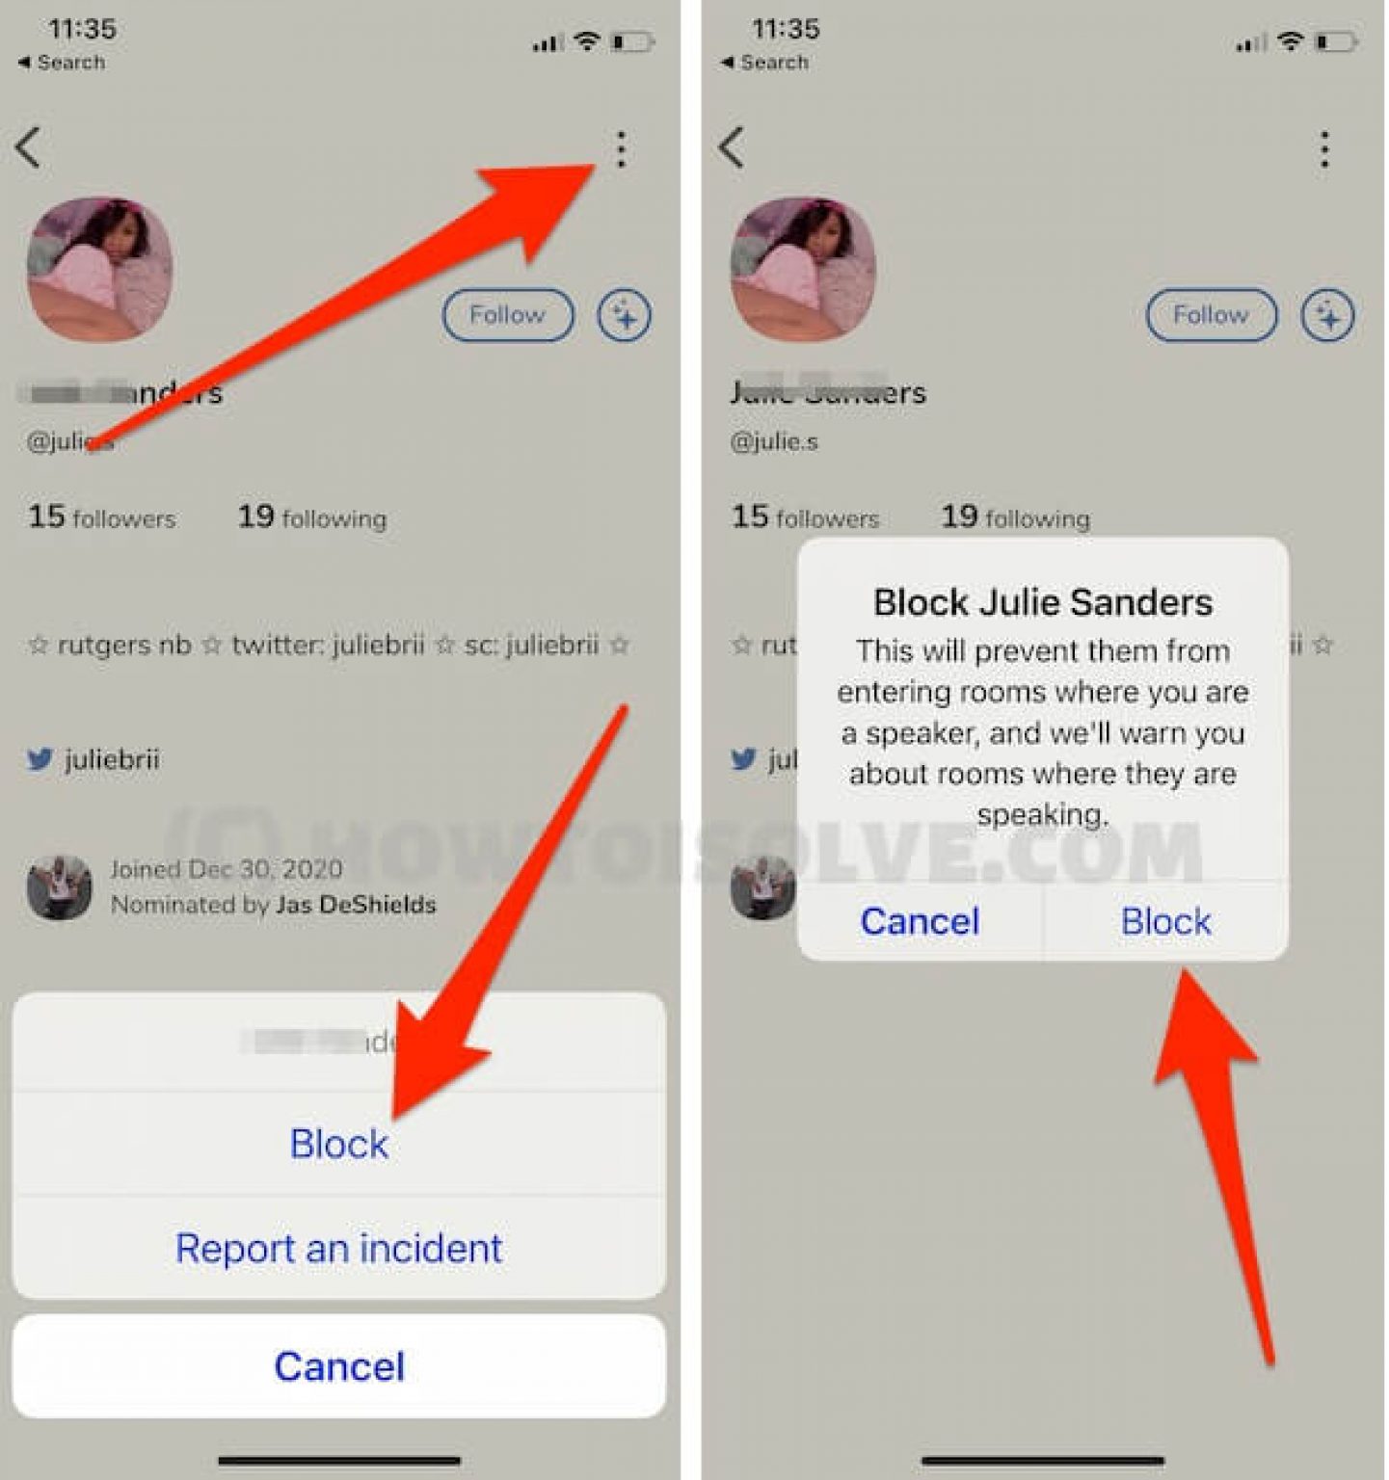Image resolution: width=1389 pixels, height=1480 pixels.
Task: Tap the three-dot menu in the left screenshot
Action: (621, 149)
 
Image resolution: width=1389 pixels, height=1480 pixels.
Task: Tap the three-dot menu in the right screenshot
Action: (1324, 149)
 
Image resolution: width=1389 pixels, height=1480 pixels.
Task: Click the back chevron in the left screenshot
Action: (29, 148)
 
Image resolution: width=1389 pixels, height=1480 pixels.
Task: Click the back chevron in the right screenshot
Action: (732, 148)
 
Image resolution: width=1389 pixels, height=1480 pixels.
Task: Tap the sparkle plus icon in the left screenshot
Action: (625, 315)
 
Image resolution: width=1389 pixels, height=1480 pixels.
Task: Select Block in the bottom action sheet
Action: (339, 1144)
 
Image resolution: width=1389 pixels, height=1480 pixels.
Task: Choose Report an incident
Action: (339, 1249)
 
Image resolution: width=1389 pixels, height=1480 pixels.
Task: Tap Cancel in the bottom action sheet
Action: (339, 1366)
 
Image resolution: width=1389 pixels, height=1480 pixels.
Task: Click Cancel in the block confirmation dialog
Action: (920, 921)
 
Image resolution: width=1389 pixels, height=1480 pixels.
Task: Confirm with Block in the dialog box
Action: (1165, 921)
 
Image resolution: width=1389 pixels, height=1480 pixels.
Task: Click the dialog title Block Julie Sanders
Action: (1043, 602)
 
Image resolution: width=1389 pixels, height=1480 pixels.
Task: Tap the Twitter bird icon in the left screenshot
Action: (40, 759)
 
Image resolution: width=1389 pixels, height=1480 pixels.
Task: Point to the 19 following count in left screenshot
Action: (311, 517)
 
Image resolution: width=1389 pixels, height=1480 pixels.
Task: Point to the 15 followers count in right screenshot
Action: (805, 517)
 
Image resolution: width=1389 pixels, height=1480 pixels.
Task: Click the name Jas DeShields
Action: (356, 905)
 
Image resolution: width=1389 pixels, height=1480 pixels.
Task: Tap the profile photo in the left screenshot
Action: (100, 270)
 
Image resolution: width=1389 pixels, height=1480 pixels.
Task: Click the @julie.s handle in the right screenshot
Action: (774, 442)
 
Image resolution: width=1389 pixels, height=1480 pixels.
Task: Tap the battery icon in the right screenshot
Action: (1336, 41)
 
